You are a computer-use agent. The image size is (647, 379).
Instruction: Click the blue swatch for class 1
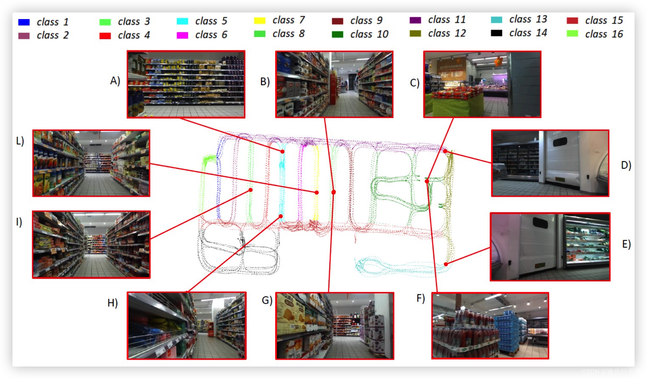pos(24,22)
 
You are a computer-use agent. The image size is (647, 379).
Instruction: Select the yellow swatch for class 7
pos(259,20)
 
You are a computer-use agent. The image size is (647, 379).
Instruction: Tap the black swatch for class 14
pos(496,33)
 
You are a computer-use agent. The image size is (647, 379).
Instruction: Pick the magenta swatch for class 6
pos(182,35)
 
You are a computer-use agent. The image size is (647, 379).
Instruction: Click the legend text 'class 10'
pos(369,34)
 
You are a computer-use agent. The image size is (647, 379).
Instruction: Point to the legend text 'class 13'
pos(528,19)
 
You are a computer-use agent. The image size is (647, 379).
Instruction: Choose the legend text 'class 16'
pos(604,34)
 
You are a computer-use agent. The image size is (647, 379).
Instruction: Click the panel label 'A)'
pos(115,81)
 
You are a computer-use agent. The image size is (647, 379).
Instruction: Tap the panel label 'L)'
pos(20,141)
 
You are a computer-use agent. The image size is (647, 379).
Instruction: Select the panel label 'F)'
pos(420,298)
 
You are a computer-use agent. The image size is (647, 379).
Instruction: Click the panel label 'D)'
pos(626,165)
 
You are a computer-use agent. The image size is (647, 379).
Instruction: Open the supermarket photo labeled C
pos(482,84)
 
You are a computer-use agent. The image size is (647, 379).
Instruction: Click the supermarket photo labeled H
pos(186,326)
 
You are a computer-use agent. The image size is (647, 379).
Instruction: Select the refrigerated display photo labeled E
pos(550,247)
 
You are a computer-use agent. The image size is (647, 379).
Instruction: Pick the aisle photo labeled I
pos(91,244)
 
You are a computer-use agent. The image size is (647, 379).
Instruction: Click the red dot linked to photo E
pos(446,264)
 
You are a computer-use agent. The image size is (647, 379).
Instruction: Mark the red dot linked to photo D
pos(445,151)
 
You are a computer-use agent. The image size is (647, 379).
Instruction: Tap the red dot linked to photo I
pos(250,190)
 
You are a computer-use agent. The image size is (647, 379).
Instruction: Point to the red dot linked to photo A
pos(283,151)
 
